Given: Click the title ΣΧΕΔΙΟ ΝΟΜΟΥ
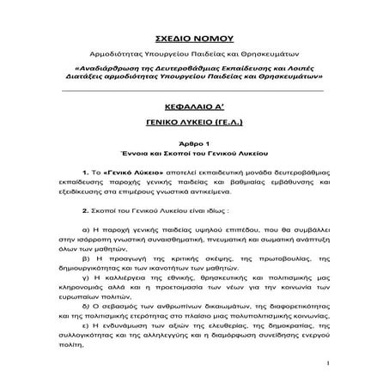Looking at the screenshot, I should pyautogui.click(x=193, y=40).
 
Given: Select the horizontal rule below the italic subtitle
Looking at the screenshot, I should pyautogui.click(x=194, y=89).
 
